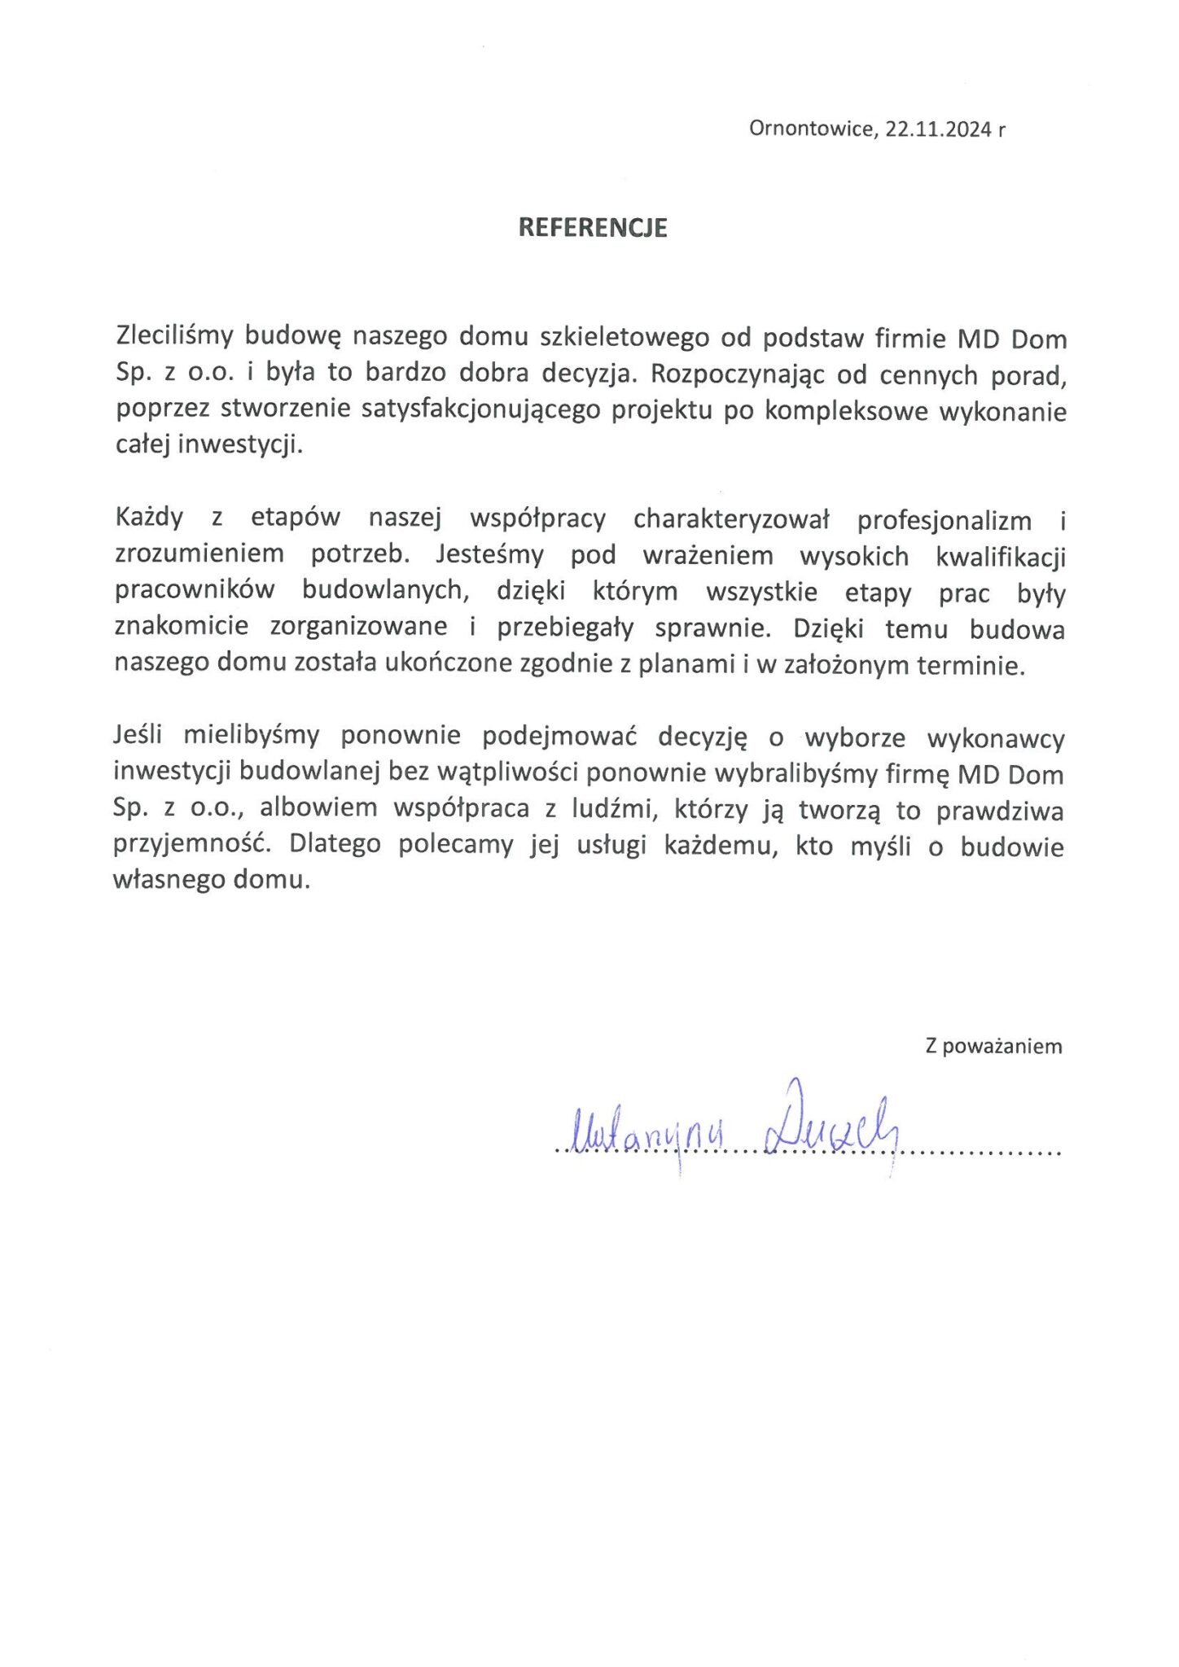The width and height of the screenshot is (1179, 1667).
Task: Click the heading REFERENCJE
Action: (x=593, y=228)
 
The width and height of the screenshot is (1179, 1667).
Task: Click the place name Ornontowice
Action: (x=810, y=129)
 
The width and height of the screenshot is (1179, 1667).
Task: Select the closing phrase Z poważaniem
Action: (x=993, y=1046)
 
